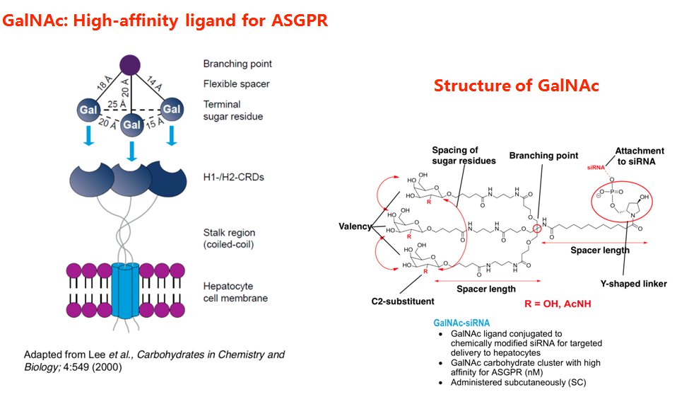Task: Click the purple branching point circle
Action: pyautogui.click(x=129, y=64)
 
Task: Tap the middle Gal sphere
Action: pyautogui.click(x=132, y=125)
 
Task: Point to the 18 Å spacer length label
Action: pyautogui.click(x=104, y=86)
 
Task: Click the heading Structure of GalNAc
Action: pyautogui.click(x=516, y=86)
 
